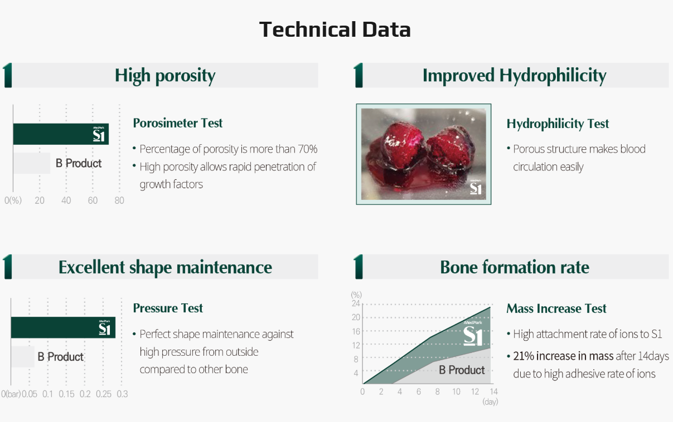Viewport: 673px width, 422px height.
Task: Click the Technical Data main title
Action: coord(335,30)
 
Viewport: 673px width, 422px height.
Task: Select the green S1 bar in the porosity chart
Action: coord(61,134)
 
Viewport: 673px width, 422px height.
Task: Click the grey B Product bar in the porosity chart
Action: coord(32,163)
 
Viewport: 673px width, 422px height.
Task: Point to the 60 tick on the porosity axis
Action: coord(93,200)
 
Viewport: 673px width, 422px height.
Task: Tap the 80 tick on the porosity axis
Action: coord(119,200)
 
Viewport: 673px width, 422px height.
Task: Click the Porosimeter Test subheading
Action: coord(177,123)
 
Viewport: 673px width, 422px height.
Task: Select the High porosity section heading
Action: coord(165,75)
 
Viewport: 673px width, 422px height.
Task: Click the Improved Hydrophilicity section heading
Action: coord(514,75)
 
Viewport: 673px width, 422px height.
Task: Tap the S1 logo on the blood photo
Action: coord(476,188)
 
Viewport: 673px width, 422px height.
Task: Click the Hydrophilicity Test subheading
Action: coord(558,124)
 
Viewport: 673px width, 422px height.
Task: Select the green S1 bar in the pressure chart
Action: coord(63,327)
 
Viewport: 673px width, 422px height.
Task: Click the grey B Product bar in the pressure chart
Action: coord(23,357)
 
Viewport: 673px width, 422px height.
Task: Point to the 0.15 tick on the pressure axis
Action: coord(66,394)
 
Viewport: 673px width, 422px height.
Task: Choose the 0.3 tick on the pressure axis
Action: coord(122,394)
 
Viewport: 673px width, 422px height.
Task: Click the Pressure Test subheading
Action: coord(168,308)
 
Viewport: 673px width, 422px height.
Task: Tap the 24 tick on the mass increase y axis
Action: coord(356,303)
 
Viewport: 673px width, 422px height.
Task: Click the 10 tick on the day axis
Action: coord(456,391)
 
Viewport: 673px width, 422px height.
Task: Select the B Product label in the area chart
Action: coord(462,370)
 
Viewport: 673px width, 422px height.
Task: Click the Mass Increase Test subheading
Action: coord(556,308)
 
